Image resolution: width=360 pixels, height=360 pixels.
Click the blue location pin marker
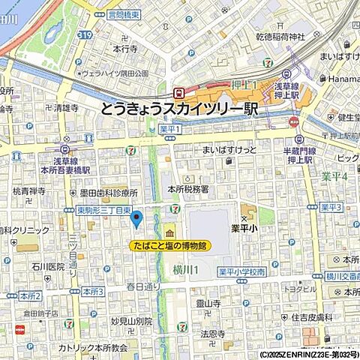(x=136, y=219)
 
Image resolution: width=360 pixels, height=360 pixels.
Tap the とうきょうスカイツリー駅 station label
(x=179, y=109)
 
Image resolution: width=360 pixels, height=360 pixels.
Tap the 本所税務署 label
(x=189, y=190)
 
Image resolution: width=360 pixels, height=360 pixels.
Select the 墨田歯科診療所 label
(x=111, y=192)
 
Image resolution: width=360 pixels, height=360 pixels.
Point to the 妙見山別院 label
(x=131, y=320)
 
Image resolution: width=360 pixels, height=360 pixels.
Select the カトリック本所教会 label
(x=94, y=348)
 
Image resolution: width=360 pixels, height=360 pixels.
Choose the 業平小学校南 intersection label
(x=244, y=271)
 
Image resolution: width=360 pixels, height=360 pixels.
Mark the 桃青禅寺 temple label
(x=29, y=191)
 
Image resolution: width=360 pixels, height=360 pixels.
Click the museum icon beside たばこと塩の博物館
(x=169, y=230)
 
